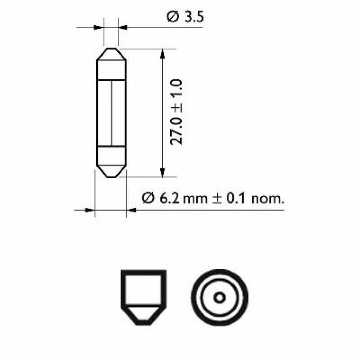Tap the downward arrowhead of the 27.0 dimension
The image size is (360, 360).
point(162,173)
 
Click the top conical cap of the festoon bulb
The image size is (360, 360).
point(111,55)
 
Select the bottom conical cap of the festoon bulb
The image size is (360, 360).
point(111,171)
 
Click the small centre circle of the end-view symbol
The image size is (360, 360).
point(220,297)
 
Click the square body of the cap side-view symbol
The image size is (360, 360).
point(143,288)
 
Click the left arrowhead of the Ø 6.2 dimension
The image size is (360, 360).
point(90,210)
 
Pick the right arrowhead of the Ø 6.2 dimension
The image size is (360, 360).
point(131,210)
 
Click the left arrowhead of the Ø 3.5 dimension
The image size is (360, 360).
point(100,27)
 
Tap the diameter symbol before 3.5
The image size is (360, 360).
point(172,17)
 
